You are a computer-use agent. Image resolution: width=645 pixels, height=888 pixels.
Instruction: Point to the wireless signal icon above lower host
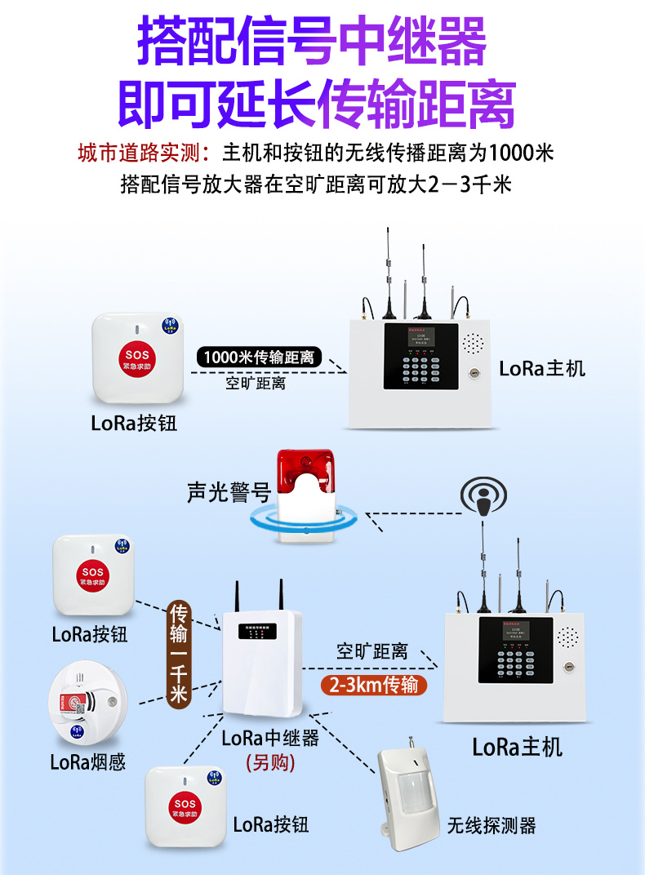[x=483, y=495]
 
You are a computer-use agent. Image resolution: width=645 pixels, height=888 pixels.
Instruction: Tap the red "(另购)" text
[x=270, y=761]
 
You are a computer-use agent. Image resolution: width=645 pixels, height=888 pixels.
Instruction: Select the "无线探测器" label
[x=492, y=826]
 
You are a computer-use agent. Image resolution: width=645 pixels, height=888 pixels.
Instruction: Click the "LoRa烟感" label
[x=88, y=762]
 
